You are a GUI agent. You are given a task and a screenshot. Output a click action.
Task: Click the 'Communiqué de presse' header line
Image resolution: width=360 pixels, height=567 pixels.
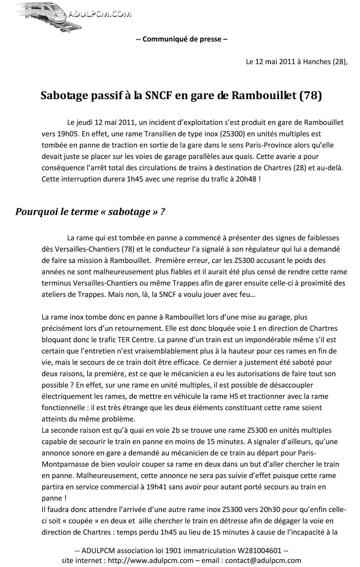pos(182,39)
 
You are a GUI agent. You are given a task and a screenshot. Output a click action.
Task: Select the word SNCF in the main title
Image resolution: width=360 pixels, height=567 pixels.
pos(159,96)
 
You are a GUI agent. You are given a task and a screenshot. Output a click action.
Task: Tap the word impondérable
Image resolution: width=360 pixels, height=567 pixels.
pos(255,339)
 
